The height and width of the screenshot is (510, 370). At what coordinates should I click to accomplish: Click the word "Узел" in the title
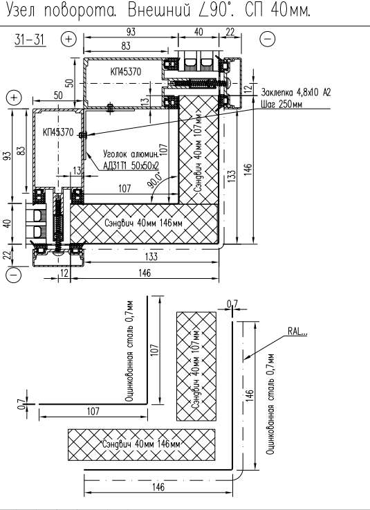point(21,11)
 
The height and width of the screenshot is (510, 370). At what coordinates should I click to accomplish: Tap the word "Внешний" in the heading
point(158,10)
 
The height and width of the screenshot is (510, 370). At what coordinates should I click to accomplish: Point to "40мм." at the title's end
point(290,11)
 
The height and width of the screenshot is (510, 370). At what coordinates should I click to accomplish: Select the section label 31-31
point(30,39)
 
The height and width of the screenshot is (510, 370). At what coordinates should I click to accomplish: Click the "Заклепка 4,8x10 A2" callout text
point(295,93)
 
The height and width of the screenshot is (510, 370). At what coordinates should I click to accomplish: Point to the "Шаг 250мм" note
point(281,104)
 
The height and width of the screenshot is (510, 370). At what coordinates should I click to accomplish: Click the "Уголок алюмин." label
point(131,154)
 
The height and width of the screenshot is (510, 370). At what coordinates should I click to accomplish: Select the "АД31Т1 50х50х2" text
point(131,165)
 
